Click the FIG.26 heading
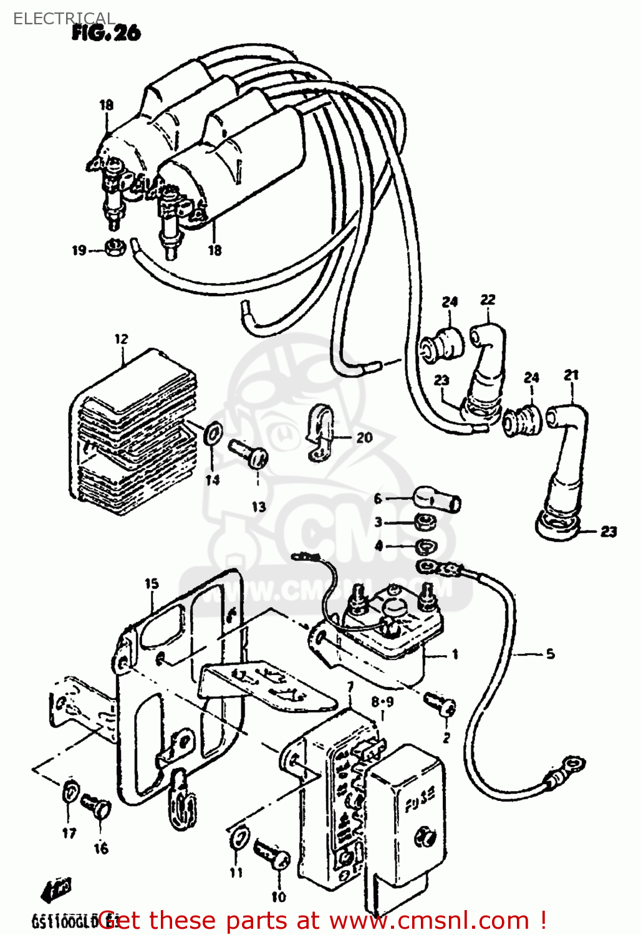click(106, 32)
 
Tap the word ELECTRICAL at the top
click(64, 19)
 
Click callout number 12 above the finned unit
click(121, 338)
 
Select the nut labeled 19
click(115, 247)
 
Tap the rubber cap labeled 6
click(436, 499)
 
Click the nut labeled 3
click(425, 522)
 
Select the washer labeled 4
click(427, 547)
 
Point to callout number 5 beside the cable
click(550, 654)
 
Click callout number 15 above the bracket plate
click(152, 584)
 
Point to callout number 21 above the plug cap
click(571, 375)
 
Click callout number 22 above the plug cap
click(488, 300)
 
